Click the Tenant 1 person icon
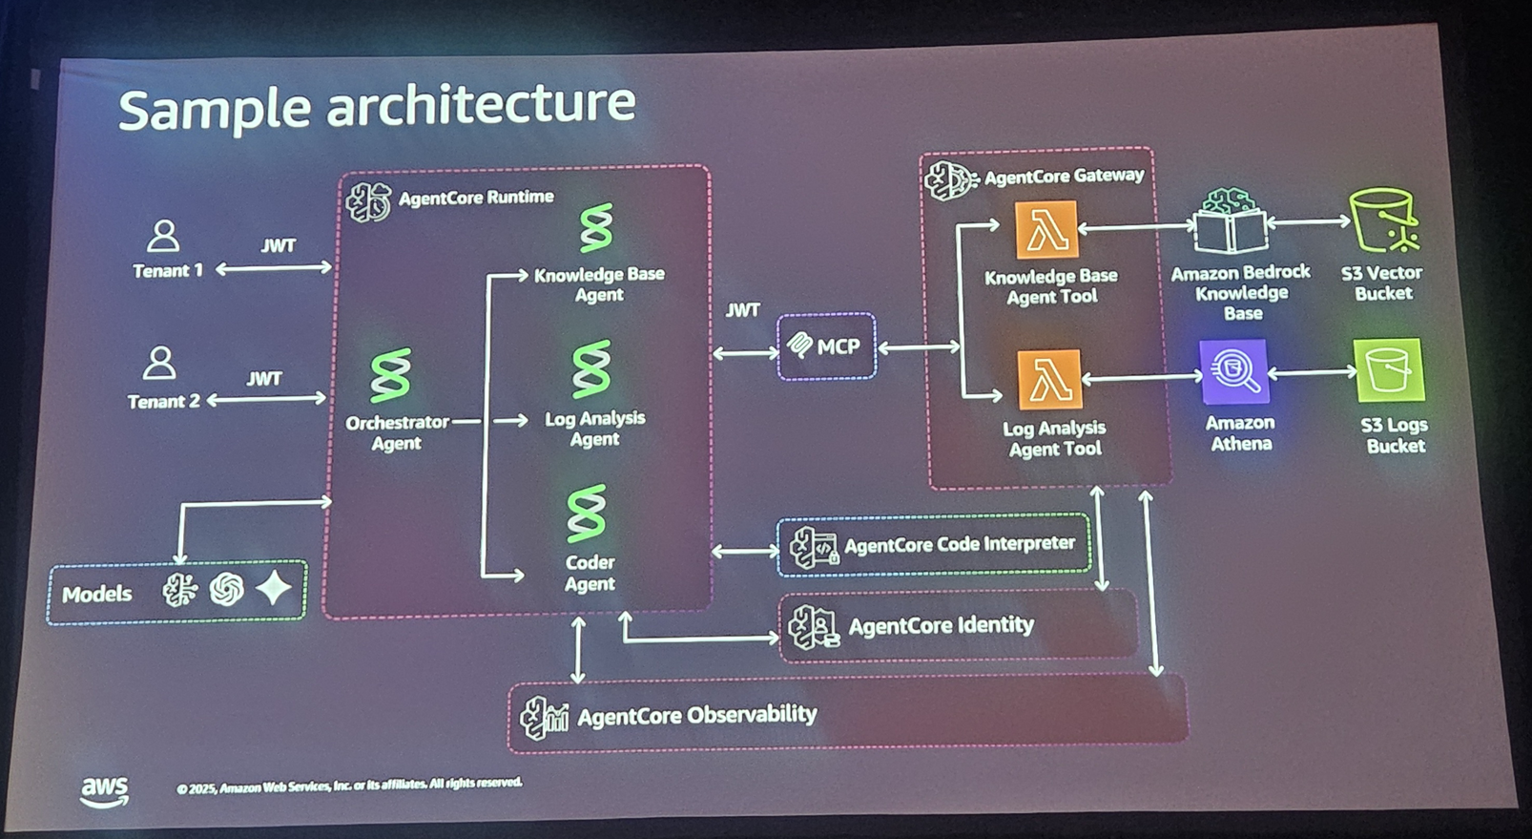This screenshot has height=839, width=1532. pyautogui.click(x=163, y=236)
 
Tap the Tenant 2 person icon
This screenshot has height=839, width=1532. pyautogui.click(x=159, y=364)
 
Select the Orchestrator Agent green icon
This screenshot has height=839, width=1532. pyautogui.click(x=391, y=374)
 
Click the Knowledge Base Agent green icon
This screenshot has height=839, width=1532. pyautogui.click(x=596, y=228)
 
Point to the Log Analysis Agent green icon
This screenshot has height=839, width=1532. pyautogui.click(x=590, y=368)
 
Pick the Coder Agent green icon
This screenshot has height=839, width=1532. pyautogui.click(x=586, y=513)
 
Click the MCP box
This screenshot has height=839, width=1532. pyautogui.click(x=826, y=346)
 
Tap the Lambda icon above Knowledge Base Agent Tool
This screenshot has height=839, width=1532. pyautogui.click(x=1046, y=229)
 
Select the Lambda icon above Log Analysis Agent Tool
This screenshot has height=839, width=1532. pyautogui.click(x=1049, y=379)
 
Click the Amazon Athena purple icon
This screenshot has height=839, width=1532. pyautogui.click(x=1234, y=371)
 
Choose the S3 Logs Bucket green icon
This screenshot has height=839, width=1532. pyautogui.click(x=1389, y=370)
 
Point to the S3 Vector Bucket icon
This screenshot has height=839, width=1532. pyautogui.click(x=1383, y=220)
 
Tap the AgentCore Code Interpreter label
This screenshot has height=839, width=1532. pyautogui.click(x=959, y=544)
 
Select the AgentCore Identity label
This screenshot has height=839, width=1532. pyautogui.click(x=941, y=625)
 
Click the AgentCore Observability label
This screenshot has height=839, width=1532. pyautogui.click(x=696, y=715)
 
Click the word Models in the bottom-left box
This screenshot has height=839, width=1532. pyautogui.click(x=96, y=594)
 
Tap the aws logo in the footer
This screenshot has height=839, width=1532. pyautogui.click(x=104, y=789)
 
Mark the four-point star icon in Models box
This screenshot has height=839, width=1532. pyautogui.click(x=274, y=588)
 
